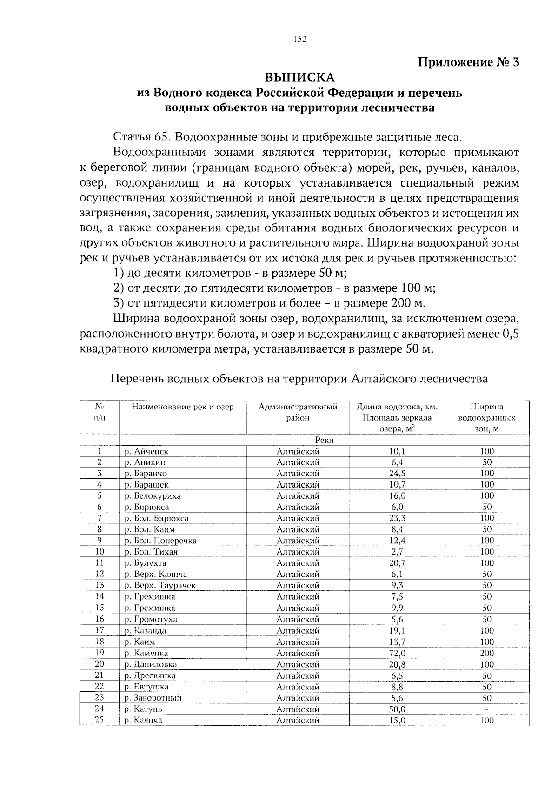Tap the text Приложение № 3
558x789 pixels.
pyautogui.click(x=469, y=62)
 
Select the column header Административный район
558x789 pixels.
pyautogui.click(x=298, y=412)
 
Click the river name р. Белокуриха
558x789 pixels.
pyautogui.click(x=153, y=496)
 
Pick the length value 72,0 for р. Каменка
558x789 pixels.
pyautogui.click(x=397, y=653)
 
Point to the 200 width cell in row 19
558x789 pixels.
pyautogui.click(x=486, y=653)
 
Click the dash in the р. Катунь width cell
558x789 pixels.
pyautogui.click(x=486, y=709)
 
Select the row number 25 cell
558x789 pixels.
pyautogui.click(x=99, y=720)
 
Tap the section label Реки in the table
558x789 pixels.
pyautogui.click(x=324, y=440)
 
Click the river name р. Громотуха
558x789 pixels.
pyautogui.click(x=151, y=620)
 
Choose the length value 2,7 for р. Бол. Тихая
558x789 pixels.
pyautogui.click(x=397, y=552)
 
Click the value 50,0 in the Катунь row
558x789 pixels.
pyautogui.click(x=397, y=709)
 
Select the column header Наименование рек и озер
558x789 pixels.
pyautogui.click(x=183, y=407)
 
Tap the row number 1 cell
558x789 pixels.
pyautogui.click(x=99, y=451)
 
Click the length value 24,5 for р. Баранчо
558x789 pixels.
pyautogui.click(x=397, y=474)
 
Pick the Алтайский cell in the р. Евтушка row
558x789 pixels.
pyautogui.click(x=298, y=687)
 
